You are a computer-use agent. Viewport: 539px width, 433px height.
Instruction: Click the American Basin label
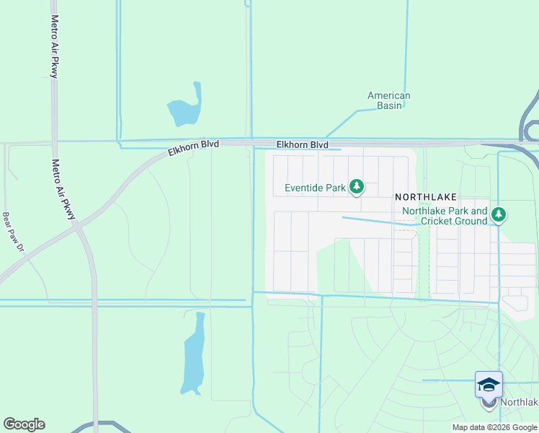(x=388, y=100)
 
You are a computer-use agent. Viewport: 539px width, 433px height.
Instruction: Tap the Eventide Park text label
(x=315, y=188)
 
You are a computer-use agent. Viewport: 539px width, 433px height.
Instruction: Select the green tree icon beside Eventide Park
(x=356, y=188)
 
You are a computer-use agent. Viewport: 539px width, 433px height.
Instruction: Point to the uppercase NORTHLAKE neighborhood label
(x=425, y=196)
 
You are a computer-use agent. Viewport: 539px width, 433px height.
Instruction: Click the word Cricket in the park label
(x=439, y=221)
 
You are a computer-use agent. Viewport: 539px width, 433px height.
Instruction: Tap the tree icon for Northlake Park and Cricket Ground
(x=499, y=215)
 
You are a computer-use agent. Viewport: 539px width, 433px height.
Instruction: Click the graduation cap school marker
(x=489, y=385)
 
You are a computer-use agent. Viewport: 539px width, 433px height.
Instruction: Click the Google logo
(x=24, y=424)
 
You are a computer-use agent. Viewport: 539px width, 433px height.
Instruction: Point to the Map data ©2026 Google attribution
(x=494, y=427)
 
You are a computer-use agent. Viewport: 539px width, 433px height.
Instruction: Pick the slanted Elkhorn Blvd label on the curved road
(x=193, y=148)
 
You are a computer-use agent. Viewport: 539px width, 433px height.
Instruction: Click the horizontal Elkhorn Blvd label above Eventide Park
(x=303, y=145)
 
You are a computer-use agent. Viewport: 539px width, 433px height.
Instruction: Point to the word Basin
(x=388, y=105)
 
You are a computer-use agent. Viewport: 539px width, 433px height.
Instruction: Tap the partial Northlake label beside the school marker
(x=520, y=403)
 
